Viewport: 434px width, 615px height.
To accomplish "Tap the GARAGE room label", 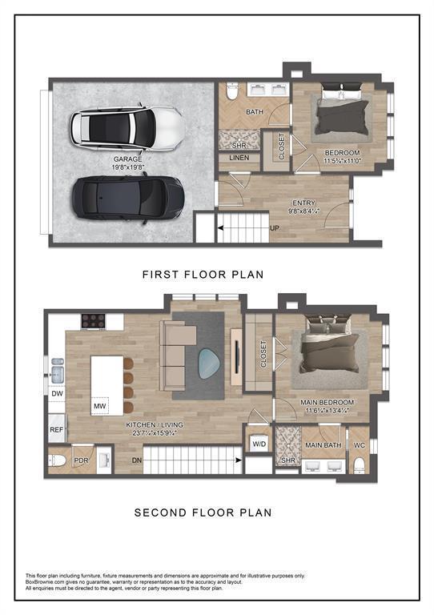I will [x=128, y=159].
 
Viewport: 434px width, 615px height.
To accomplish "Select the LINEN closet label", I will [x=239, y=158].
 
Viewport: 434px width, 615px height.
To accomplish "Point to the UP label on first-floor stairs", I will [x=275, y=228].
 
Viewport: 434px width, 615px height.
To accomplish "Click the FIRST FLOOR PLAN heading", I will [x=203, y=275].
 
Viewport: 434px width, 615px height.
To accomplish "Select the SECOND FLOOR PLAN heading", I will [x=203, y=512].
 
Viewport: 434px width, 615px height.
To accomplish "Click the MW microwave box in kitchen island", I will [x=100, y=406].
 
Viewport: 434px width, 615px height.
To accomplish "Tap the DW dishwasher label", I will [x=55, y=394].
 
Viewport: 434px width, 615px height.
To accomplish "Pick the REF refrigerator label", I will [x=56, y=430].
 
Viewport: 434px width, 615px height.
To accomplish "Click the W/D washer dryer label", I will [x=259, y=443].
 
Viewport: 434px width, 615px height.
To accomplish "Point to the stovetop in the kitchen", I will [x=94, y=321].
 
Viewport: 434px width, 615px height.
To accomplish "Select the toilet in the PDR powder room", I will [x=58, y=460].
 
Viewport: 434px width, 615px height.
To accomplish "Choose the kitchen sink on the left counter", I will [x=56, y=371].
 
